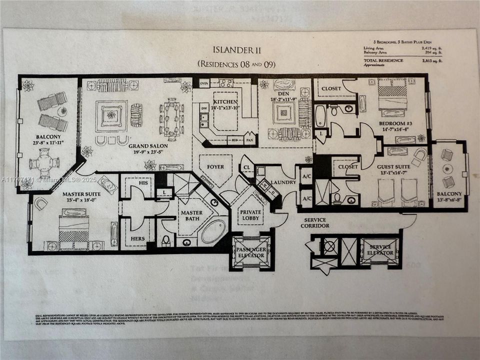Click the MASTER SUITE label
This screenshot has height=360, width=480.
(81, 193)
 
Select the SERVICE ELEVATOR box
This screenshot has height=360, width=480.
(381, 250)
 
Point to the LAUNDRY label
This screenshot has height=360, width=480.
(283, 182)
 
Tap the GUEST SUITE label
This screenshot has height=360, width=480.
(395, 167)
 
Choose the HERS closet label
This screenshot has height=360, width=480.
(137, 238)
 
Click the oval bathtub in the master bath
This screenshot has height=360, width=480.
(213, 231)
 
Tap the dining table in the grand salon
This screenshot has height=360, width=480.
(170, 118)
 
